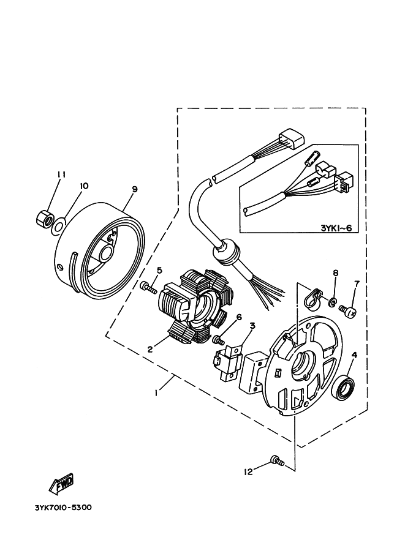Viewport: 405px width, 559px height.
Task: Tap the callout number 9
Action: pyautogui.click(x=135, y=189)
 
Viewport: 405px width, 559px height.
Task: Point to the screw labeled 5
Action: pyautogui.click(x=148, y=287)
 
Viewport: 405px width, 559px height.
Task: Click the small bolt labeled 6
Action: pyautogui.click(x=218, y=340)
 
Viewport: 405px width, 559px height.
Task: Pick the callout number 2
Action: pyautogui.click(x=150, y=349)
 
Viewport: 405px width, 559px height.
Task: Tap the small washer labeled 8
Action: pyautogui.click(x=333, y=302)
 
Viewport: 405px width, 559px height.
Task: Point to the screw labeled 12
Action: pyautogui.click(x=278, y=460)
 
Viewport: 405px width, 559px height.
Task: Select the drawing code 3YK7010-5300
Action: pyautogui.click(x=63, y=508)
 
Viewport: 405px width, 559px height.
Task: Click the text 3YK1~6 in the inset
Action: pyautogui.click(x=336, y=228)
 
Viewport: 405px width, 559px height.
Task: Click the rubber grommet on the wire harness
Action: pyautogui.click(x=226, y=253)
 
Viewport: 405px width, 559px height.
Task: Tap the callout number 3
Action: pyautogui.click(x=252, y=326)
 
